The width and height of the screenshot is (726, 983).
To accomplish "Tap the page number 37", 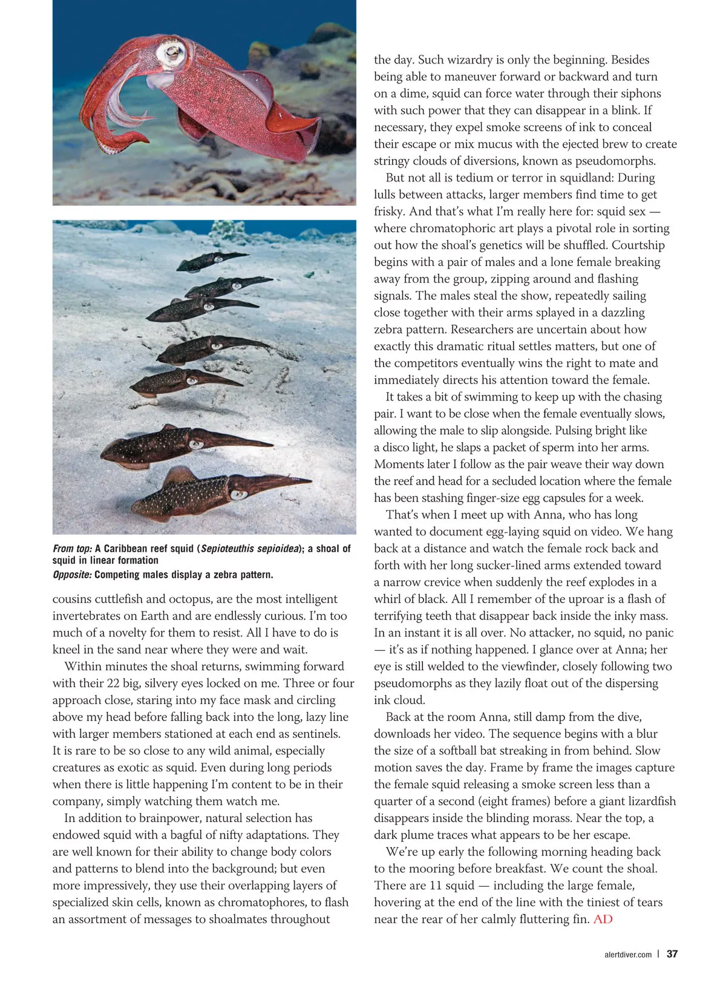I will click(672, 954).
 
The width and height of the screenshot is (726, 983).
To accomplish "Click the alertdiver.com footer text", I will click(628, 955).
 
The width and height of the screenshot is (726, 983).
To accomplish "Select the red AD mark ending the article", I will click(603, 919).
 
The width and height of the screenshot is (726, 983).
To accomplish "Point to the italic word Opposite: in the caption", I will click(72, 575).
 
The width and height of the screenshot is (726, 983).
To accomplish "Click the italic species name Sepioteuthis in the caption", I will click(228, 549).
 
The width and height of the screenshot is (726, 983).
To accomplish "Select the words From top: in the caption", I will click(73, 549).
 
